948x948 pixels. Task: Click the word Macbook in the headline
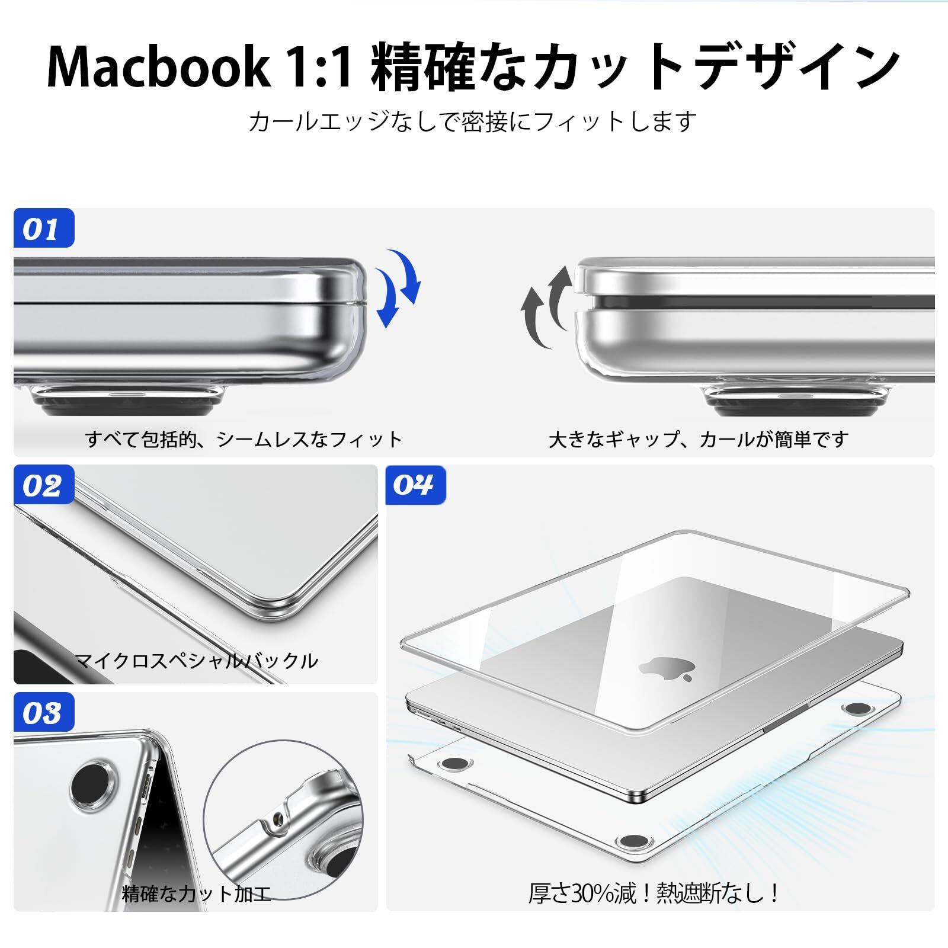(x=157, y=67)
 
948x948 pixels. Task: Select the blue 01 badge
(x=44, y=228)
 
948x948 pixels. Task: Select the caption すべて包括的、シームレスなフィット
(x=244, y=439)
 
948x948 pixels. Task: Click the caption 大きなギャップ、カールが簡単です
(x=699, y=439)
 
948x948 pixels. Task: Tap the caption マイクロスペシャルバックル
(x=196, y=660)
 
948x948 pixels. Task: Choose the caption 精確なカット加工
(x=196, y=893)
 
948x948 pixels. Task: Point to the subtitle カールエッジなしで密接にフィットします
(x=472, y=122)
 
